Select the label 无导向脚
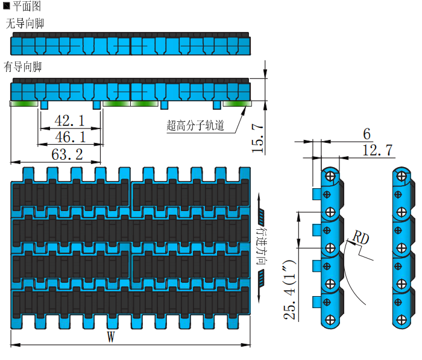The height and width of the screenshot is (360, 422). (x=25, y=24)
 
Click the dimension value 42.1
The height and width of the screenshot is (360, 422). (x=70, y=120)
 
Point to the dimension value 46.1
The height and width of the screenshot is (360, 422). (x=70, y=137)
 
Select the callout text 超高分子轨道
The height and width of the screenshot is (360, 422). (x=195, y=125)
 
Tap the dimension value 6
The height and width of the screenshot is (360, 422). (x=367, y=134)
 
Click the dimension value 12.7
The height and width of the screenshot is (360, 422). (x=378, y=150)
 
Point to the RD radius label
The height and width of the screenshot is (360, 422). (x=361, y=237)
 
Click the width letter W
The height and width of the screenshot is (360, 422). (x=110, y=337)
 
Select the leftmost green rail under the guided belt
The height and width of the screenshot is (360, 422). (x=24, y=104)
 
